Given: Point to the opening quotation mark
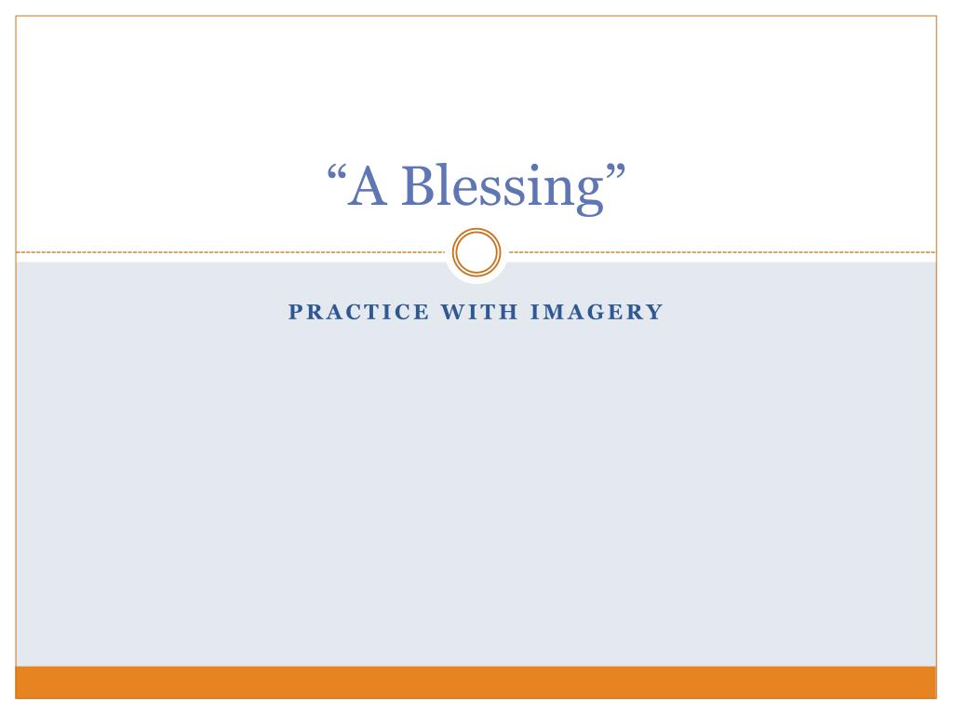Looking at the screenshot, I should [339, 173].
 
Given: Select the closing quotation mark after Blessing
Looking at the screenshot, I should [613, 173].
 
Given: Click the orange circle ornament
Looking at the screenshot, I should [476, 252].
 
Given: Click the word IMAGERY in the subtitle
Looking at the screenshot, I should [596, 313].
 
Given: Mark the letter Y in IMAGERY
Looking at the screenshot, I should [655, 313].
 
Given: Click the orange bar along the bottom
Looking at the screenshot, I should [476, 681].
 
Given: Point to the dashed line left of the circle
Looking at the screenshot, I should [233, 252].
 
